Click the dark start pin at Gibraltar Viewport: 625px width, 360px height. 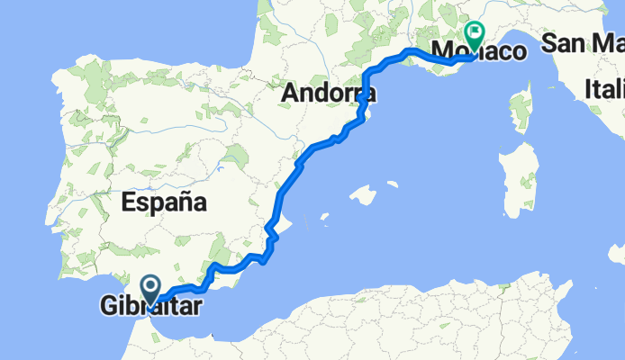pyautogui.click(x=150, y=288)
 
